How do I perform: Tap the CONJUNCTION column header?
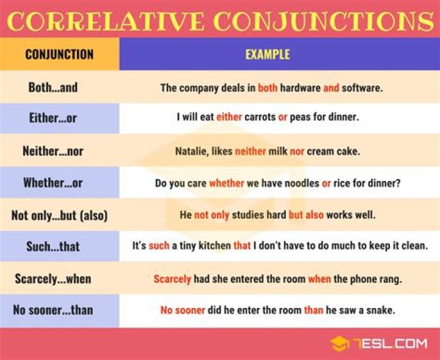click(59, 54)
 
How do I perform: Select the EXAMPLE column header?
click(268, 54)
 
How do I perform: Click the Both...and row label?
click(53, 87)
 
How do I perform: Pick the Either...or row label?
click(53, 118)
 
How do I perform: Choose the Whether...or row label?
click(53, 183)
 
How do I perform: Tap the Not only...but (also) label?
click(59, 215)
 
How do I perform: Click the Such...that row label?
click(53, 247)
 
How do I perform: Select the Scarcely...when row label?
click(53, 279)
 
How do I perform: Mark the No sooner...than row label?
click(53, 310)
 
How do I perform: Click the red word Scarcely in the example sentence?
click(172, 279)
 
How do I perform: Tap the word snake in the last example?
click(381, 310)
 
